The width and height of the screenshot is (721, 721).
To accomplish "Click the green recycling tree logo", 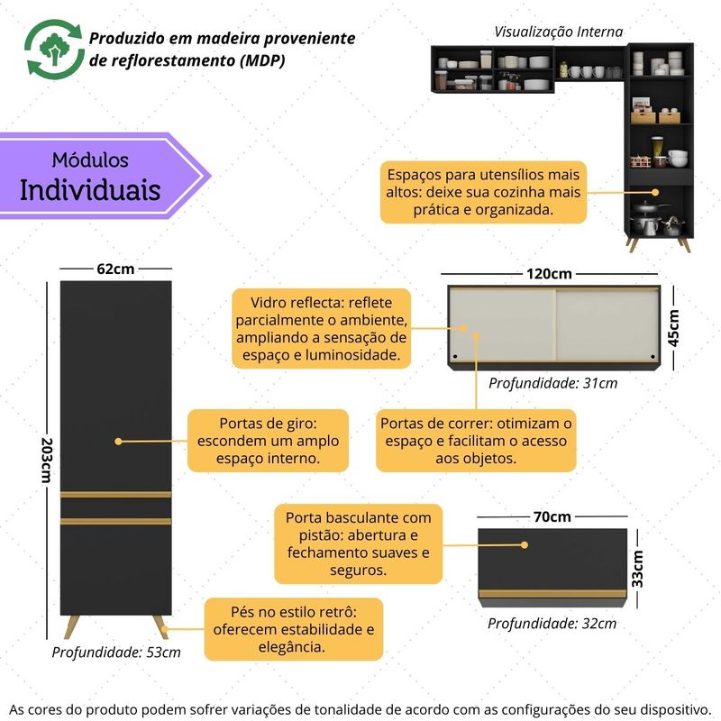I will point(50,51).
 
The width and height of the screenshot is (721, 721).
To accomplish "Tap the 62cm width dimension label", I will point(115,269).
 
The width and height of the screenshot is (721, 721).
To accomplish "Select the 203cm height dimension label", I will point(46,461).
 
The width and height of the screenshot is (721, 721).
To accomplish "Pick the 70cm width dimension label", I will point(552,516).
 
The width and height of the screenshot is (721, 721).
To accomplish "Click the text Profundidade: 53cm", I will point(115,653).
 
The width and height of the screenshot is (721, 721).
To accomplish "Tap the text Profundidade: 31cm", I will point(552,383).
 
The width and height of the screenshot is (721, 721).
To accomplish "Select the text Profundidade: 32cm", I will point(552,623).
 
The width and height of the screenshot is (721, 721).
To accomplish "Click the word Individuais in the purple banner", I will point(90,191).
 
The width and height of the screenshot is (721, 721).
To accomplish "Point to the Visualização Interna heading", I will point(559,32).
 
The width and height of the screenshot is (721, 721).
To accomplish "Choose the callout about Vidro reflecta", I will point(322,328).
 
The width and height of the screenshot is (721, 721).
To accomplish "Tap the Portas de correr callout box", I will point(477,441).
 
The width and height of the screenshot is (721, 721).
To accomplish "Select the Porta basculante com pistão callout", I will point(359,543).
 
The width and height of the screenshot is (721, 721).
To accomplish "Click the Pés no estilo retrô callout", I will point(294,629).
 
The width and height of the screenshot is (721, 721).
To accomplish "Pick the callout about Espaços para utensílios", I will point(484,193).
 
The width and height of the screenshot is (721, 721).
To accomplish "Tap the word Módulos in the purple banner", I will point(90,160).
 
